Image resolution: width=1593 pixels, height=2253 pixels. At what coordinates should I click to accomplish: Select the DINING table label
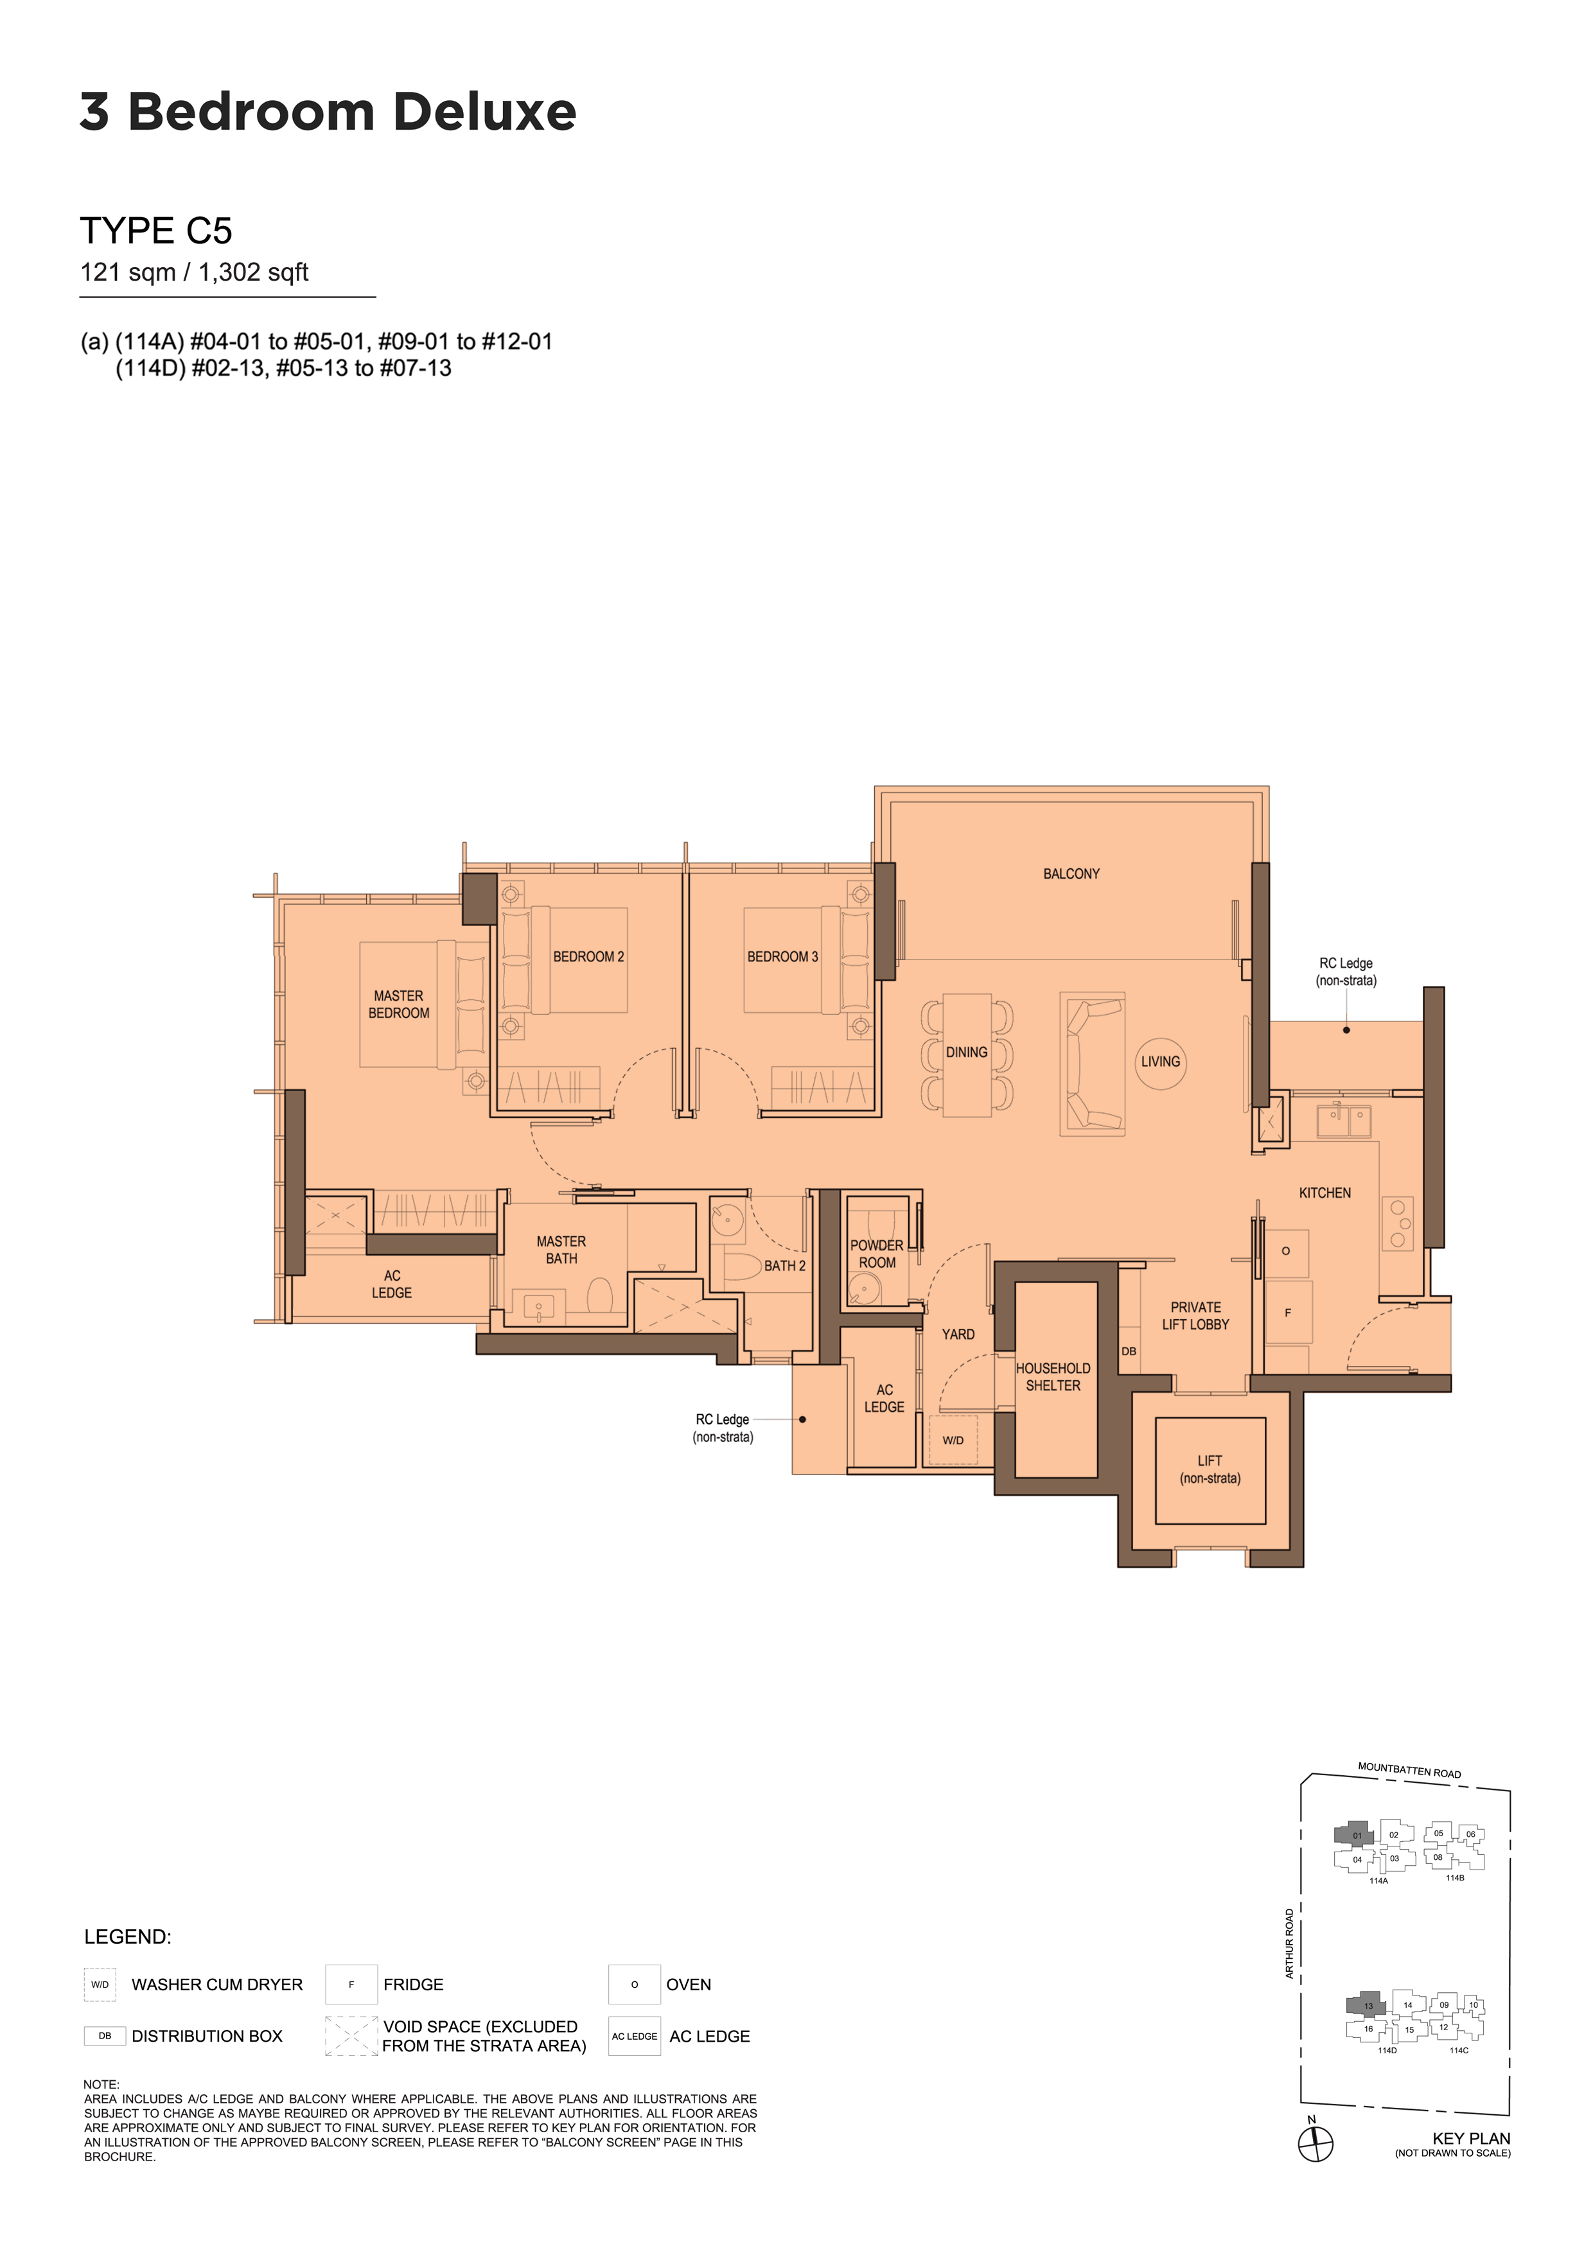coord(967,1052)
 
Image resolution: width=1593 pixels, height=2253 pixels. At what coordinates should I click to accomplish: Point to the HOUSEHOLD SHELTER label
coord(1053,1377)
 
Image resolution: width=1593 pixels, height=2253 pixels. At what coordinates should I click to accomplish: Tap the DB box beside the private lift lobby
coord(1129,1351)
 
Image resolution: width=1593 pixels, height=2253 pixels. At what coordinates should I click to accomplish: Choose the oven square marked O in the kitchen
coord(1286,1251)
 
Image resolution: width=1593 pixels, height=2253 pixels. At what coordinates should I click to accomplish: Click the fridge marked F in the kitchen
coord(1288,1312)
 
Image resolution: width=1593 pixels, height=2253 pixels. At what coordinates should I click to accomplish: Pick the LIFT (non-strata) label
coord(1210,1469)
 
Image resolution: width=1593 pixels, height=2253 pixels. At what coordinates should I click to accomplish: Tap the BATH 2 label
coord(784,1266)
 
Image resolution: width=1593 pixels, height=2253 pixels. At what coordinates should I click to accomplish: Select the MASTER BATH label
coord(561,1250)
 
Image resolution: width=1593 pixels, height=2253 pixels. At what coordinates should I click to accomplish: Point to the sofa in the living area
coord(1091,1064)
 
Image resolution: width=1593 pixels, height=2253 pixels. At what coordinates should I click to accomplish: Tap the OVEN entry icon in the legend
coord(634,1984)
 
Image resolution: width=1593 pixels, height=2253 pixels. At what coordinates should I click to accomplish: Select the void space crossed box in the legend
coord(351,2035)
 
